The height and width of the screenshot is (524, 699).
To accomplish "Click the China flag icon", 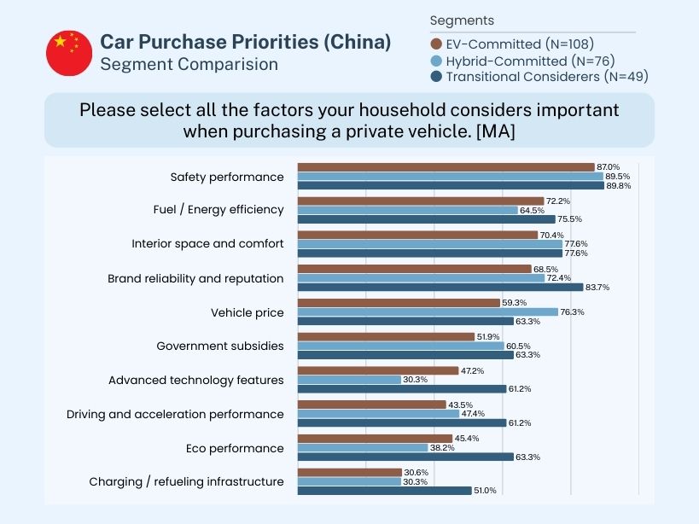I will point(69,53).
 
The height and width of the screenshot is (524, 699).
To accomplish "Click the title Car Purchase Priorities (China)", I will point(245,42).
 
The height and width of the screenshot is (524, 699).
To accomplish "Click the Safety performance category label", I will point(227,177).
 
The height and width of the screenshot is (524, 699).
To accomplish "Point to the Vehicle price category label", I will point(247,312).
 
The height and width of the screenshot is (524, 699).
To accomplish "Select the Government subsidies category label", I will point(220,346).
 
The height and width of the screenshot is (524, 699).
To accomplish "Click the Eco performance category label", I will point(235,448).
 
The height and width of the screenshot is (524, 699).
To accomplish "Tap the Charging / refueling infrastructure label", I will point(186,482).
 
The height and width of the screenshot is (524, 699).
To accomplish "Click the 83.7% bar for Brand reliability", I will point(440,287).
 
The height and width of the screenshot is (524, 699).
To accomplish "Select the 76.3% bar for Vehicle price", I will point(427,312).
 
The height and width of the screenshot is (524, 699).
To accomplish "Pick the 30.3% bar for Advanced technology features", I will point(348,380).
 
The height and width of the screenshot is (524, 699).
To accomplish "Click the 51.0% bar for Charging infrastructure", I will point(384,491).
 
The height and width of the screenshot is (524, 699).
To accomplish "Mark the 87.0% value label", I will point(609,167).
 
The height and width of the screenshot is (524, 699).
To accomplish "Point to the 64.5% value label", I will point(533,210).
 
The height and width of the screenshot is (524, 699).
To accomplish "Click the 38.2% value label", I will point(442,448).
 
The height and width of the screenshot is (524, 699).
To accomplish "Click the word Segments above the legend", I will point(462,20).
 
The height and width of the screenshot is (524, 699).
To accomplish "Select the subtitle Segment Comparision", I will point(189,64).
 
